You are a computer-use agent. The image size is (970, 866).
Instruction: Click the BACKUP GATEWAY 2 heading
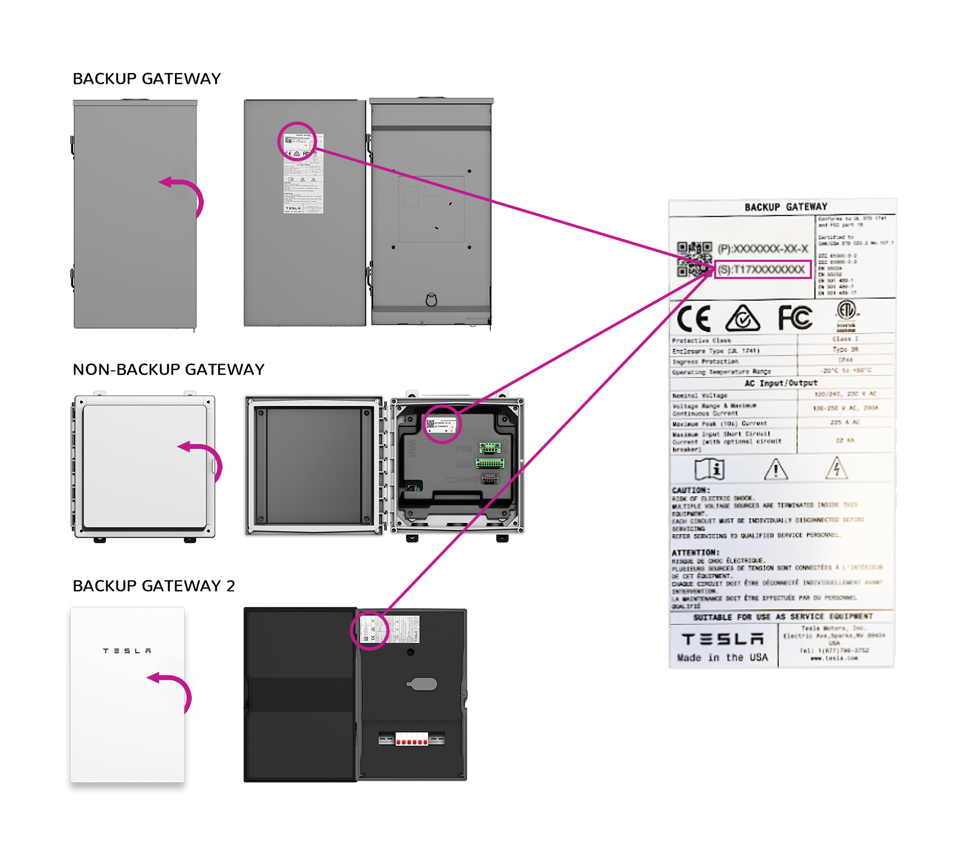tap(154, 586)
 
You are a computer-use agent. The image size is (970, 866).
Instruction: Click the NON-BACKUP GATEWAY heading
tap(168, 369)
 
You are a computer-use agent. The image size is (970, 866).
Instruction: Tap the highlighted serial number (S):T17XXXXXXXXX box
tap(763, 269)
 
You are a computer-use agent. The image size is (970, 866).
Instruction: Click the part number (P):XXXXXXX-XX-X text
tap(763, 249)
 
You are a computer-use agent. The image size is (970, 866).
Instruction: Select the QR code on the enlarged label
tap(693, 259)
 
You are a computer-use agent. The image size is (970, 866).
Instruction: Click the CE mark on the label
tap(694, 319)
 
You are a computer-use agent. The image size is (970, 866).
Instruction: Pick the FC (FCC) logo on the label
tap(795, 318)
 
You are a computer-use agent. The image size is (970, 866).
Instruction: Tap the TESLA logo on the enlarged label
tap(722, 639)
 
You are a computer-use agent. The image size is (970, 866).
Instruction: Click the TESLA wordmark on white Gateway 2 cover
tap(127, 651)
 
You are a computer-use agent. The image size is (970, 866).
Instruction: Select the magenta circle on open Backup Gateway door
tap(297, 141)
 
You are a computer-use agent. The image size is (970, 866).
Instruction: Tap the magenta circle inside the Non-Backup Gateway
tap(442, 424)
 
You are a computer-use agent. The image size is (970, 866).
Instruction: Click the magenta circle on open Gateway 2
tap(370, 630)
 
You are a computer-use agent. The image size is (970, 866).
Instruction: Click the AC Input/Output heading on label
tap(780, 383)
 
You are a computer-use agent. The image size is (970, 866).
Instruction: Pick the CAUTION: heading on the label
tap(691, 490)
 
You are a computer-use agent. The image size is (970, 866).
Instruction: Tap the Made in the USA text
tap(722, 657)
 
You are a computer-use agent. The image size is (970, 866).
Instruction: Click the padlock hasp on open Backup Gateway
tap(431, 299)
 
